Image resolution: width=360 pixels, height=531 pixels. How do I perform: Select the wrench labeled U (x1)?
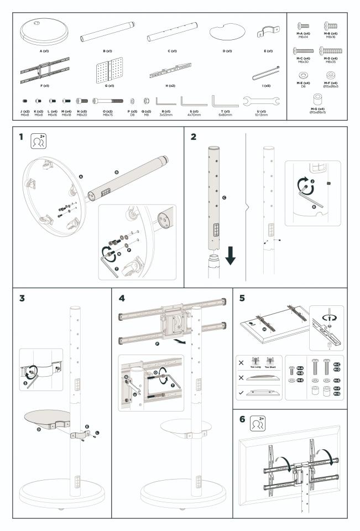pos(261,101)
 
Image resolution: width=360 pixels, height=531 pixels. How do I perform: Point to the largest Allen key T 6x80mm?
pos(225,102)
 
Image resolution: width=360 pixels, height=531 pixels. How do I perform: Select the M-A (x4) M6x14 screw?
pos(304,25)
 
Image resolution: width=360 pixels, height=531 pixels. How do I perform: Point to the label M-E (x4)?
pos(304,82)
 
